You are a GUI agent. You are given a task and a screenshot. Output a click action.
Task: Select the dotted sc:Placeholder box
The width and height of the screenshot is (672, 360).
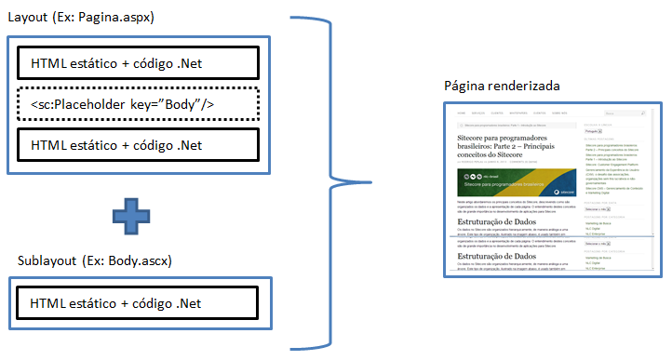coord(137,104)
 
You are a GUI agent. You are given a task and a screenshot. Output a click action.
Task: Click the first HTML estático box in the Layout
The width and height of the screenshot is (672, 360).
coord(137,63)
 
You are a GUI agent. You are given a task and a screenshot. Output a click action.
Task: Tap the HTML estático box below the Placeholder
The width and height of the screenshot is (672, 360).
coord(137,145)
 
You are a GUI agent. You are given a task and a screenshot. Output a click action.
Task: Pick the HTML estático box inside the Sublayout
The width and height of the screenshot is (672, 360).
coord(137,302)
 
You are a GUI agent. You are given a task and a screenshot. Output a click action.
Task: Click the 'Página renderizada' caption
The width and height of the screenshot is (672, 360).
coord(503,86)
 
